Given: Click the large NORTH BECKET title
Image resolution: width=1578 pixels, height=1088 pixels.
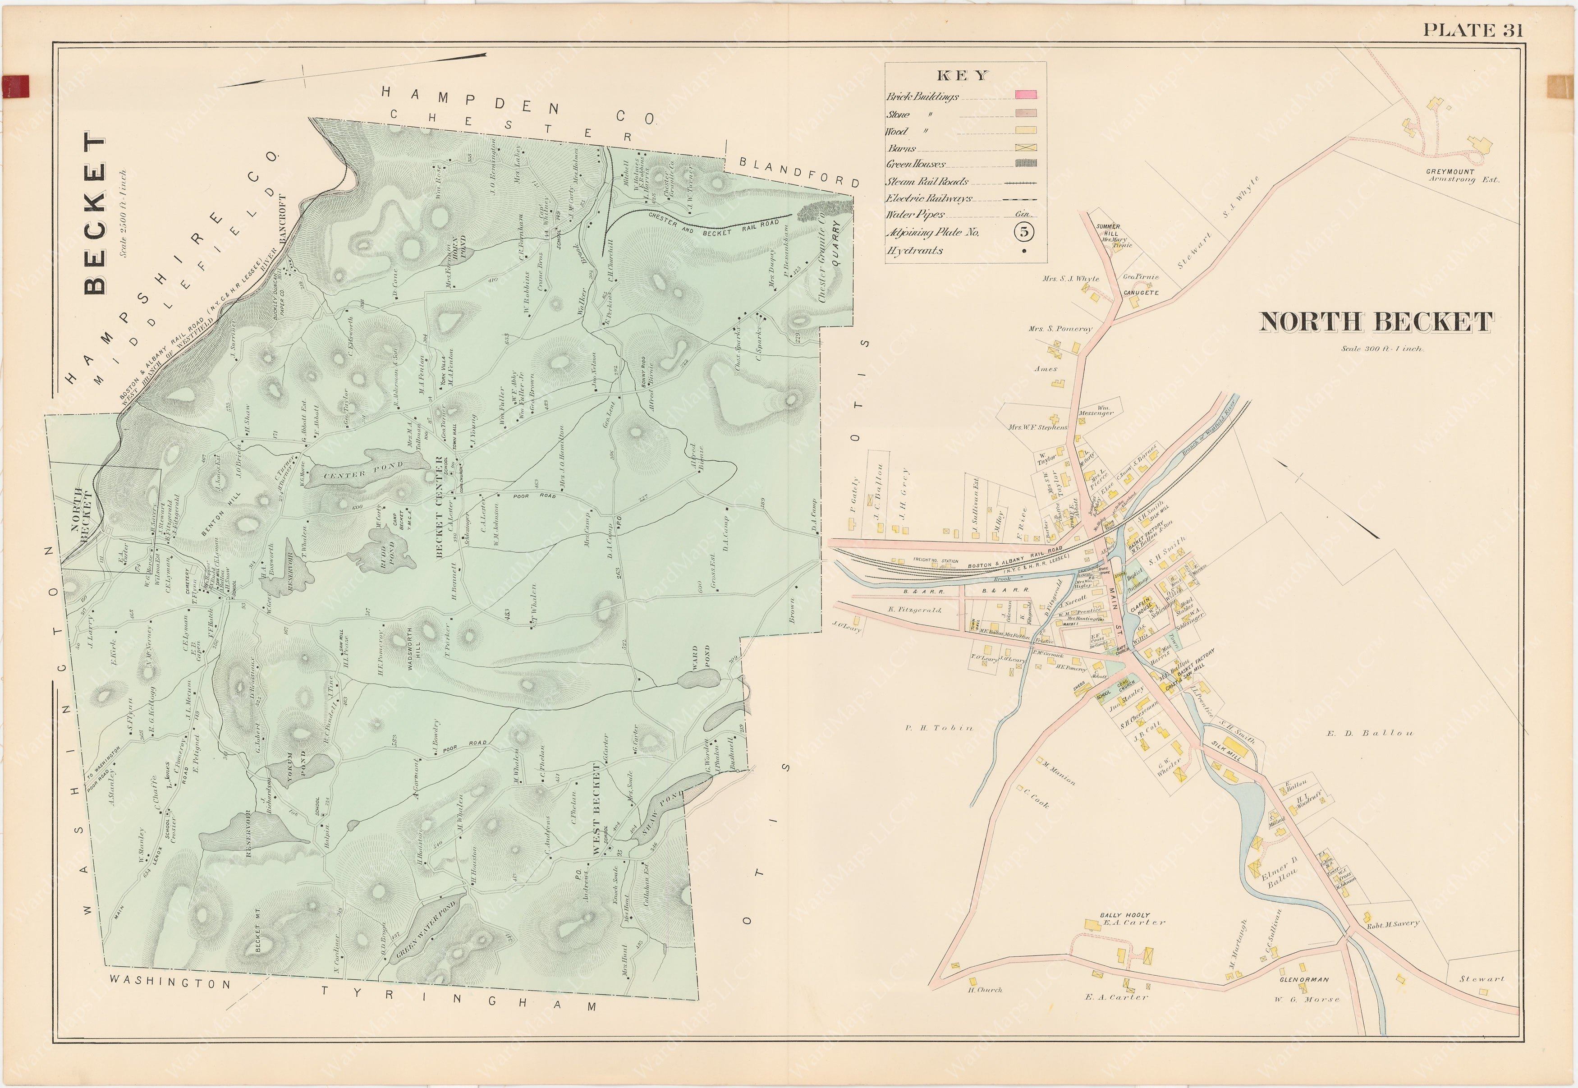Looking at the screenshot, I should coord(1376,322).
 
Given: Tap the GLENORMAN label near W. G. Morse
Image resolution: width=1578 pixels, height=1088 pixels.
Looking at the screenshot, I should coord(1305,980).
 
